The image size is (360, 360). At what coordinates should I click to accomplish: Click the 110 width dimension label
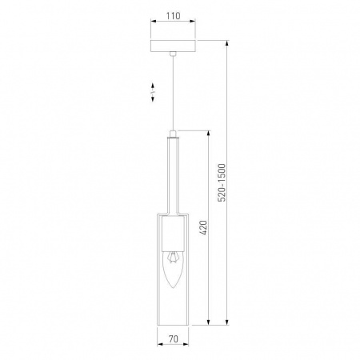(x=174, y=16)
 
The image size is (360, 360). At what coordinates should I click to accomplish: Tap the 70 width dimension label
(x=174, y=339)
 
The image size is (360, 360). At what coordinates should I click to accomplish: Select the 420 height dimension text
(x=203, y=227)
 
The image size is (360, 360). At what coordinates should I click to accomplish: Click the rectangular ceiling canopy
(x=173, y=46)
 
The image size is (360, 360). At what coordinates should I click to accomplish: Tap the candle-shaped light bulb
(x=173, y=270)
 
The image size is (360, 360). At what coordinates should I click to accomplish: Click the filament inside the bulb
(x=173, y=258)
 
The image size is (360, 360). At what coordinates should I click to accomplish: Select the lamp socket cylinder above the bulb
(x=173, y=234)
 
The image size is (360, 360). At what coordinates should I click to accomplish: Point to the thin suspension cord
(x=173, y=93)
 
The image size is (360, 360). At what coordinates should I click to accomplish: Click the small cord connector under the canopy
(x=173, y=54)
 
